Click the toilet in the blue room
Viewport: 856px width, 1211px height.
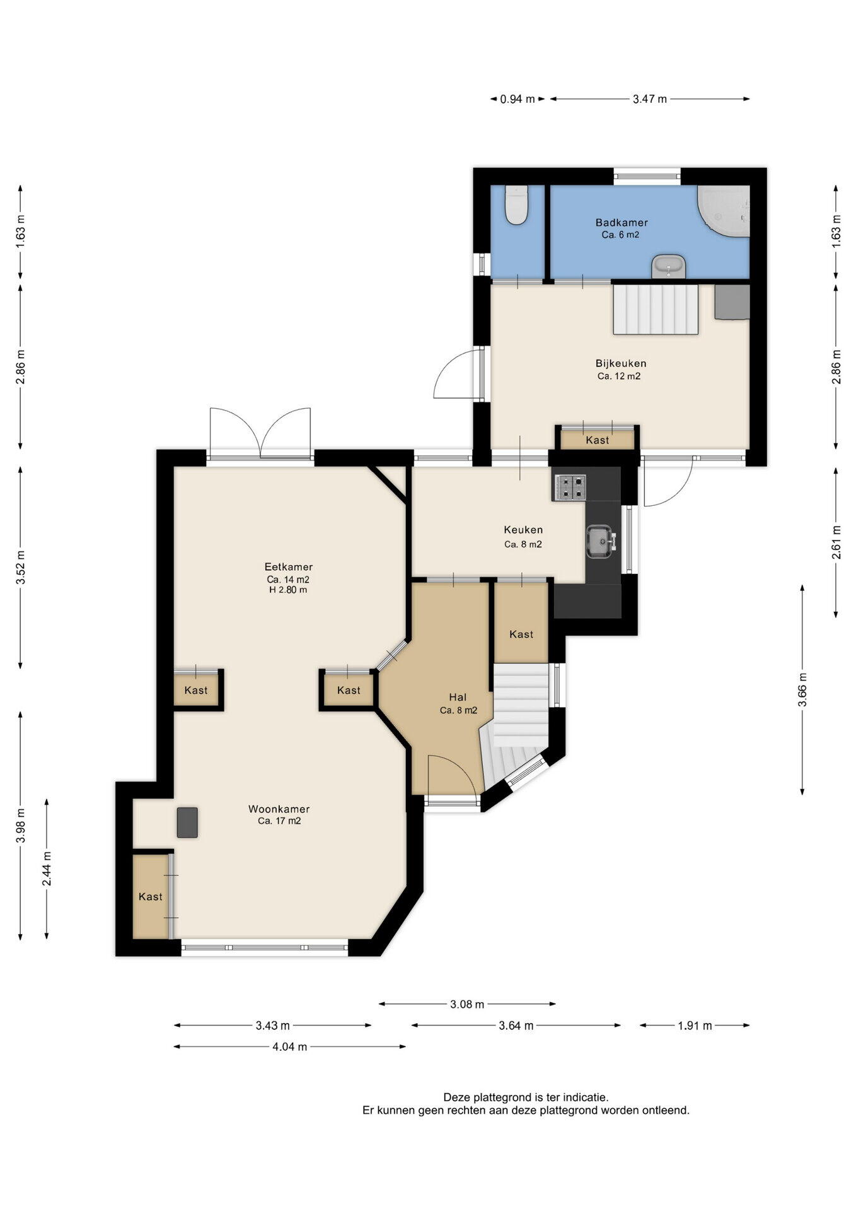point(516,205)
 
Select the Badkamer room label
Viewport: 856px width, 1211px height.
point(622,223)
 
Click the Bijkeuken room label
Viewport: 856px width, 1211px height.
point(621,363)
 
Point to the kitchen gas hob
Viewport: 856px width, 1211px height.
point(570,488)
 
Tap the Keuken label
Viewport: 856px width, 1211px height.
point(523,530)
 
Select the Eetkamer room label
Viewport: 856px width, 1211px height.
point(289,567)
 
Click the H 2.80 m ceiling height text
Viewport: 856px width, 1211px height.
point(288,590)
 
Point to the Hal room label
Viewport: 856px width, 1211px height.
point(458,697)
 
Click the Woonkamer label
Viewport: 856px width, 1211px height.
point(279,809)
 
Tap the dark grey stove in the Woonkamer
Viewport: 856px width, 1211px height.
point(187,822)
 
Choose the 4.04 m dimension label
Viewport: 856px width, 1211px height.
point(290,1047)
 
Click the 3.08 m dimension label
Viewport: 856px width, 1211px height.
point(467,1004)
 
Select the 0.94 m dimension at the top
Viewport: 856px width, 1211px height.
point(518,99)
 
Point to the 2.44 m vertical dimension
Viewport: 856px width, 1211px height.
point(47,869)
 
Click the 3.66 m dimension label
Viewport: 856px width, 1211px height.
point(802,691)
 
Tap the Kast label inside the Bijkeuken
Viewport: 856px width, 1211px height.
point(598,440)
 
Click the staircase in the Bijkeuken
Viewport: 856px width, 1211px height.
point(656,309)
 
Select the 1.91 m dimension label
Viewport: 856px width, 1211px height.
point(695,1026)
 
